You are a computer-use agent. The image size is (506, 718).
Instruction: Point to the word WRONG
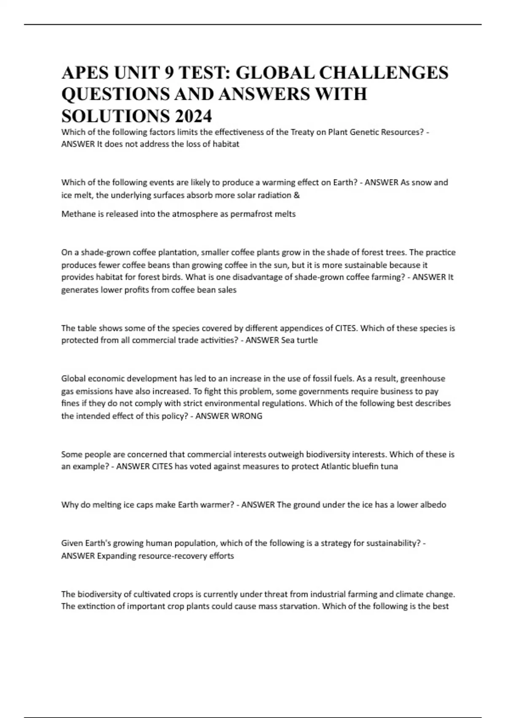(246, 416)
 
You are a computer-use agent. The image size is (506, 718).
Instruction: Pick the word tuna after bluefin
(389, 467)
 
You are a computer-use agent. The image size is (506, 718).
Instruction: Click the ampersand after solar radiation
(297, 195)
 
